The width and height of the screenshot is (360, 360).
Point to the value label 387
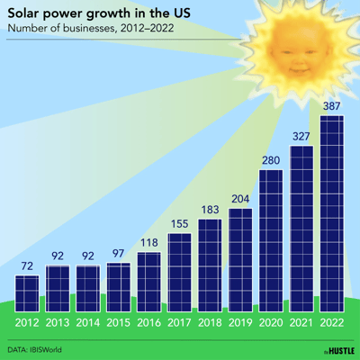click(331, 106)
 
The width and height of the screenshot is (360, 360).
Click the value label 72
click(27, 266)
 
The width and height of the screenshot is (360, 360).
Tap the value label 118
click(148, 243)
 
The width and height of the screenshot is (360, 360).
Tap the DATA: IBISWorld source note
click(40, 349)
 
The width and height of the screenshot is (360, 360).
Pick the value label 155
click(179, 224)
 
